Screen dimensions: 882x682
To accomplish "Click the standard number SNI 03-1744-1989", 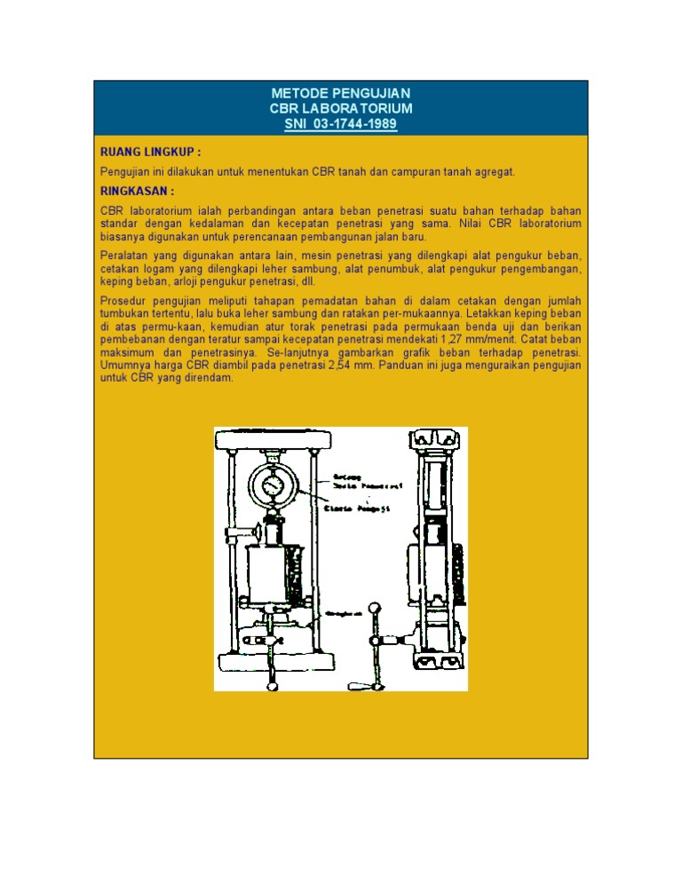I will (x=341, y=124).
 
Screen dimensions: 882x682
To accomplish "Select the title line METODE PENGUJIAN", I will (x=341, y=93).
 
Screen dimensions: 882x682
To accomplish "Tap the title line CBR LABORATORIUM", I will (x=341, y=108).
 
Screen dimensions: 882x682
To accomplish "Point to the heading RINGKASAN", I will (x=137, y=191).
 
